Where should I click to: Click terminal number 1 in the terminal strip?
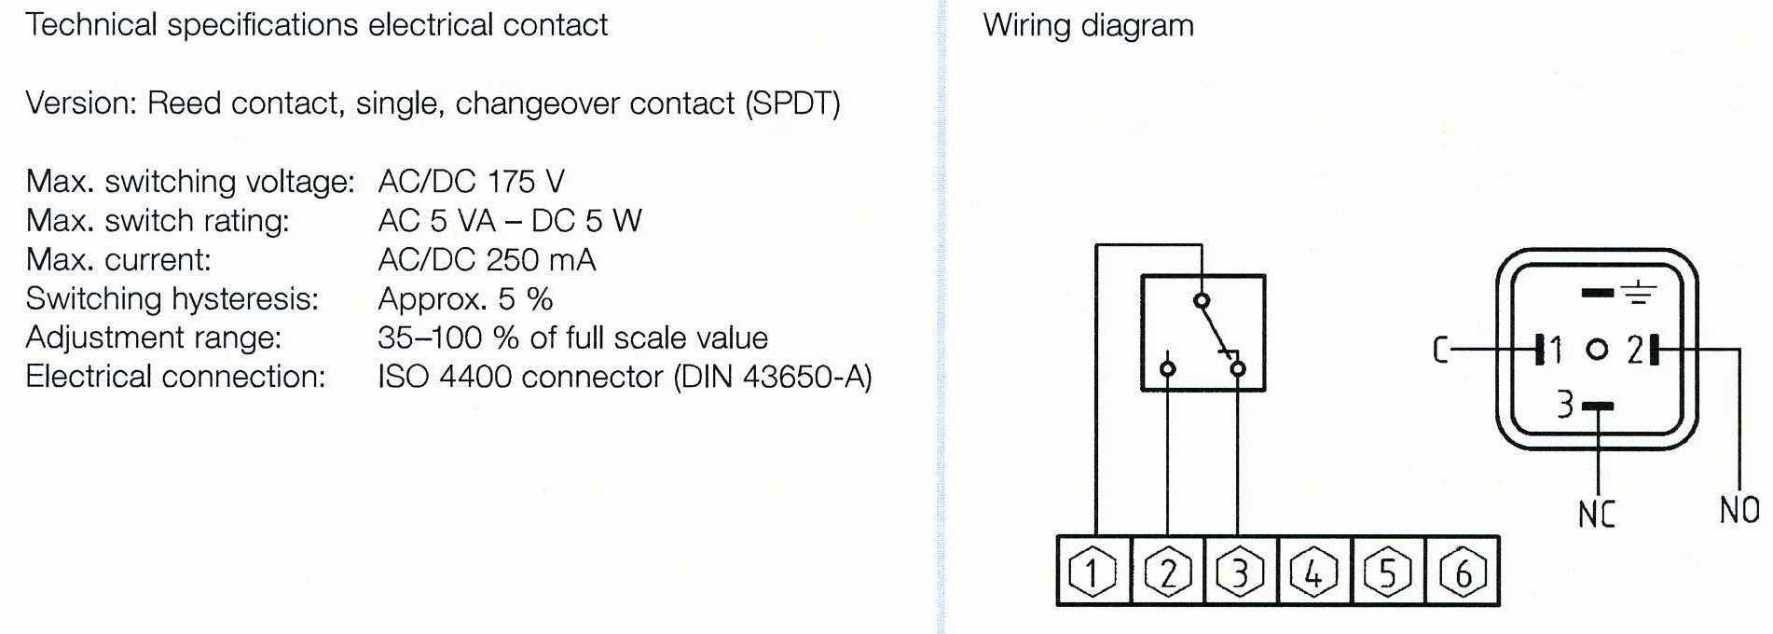1093,572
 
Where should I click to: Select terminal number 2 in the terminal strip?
1167,572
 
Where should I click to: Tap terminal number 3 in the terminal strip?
1241,572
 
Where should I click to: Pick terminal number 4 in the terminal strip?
1314,572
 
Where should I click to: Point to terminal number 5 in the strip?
1388,572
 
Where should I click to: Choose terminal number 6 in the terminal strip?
1463,572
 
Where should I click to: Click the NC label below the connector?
1596,514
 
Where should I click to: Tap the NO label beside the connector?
1739,510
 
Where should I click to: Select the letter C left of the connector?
1440,351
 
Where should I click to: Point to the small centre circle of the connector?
1597,351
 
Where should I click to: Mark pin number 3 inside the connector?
1565,405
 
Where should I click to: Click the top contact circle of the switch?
1202,300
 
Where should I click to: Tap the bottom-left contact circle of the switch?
1167,369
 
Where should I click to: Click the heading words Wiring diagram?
1088,25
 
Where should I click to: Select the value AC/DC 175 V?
471,181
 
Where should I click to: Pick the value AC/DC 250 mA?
487,259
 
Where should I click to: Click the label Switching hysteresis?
172,299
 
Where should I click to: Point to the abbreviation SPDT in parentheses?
792,103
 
